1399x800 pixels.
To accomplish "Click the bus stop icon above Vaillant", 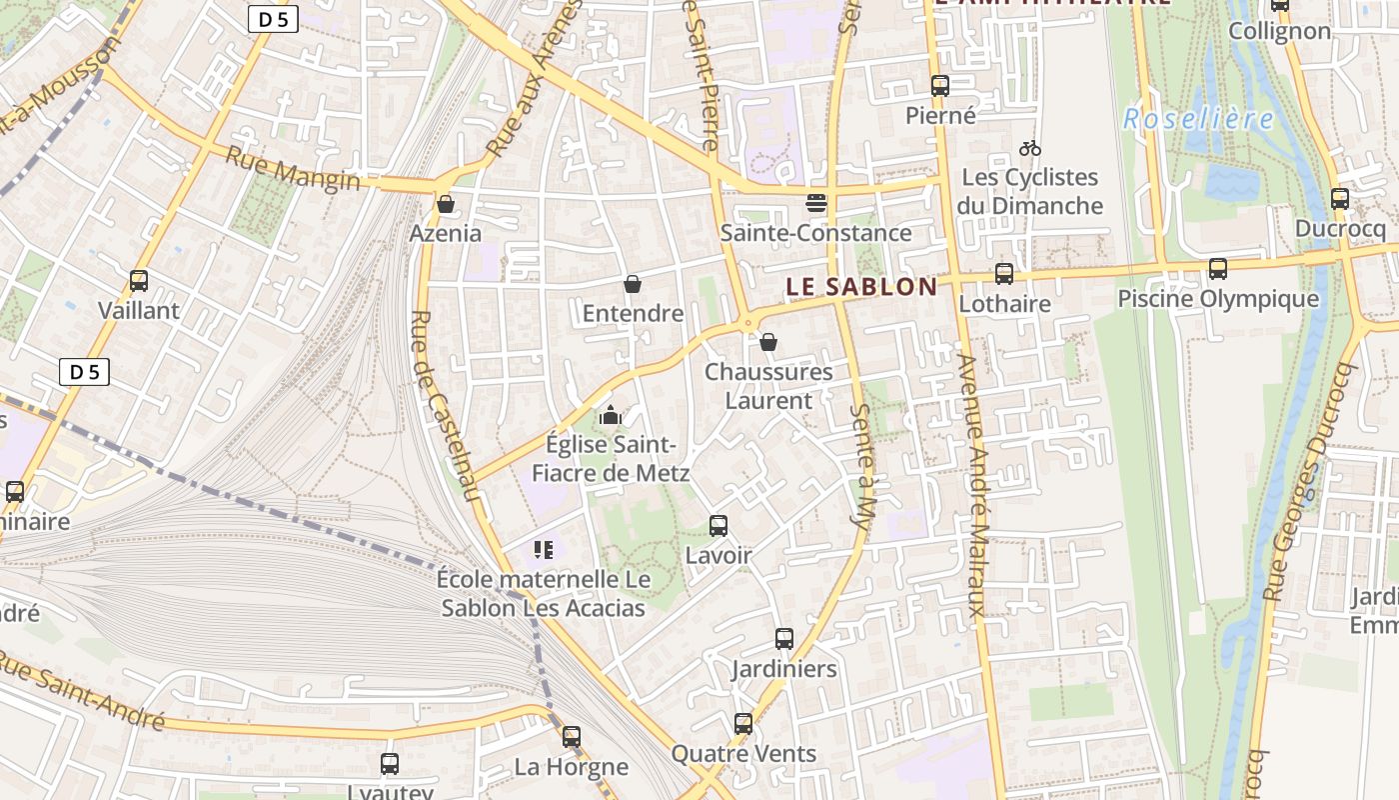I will pyautogui.click(x=139, y=281).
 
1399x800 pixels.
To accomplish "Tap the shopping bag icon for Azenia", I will pyautogui.click(x=446, y=204).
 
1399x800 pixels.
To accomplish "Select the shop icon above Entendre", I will pyautogui.click(x=633, y=285).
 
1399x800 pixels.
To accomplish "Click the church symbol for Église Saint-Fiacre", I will pyautogui.click(x=611, y=415).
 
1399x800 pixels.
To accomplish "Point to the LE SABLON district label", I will pyautogui.click(x=861, y=287).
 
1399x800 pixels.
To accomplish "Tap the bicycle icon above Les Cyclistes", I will pyautogui.click(x=1030, y=149).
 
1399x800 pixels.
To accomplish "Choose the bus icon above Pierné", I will pyautogui.click(x=940, y=86).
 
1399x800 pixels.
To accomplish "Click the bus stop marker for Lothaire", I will pyautogui.click(x=1004, y=274).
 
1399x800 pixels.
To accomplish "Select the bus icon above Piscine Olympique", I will pyautogui.click(x=1218, y=269).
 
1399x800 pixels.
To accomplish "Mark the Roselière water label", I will pyautogui.click(x=1198, y=120).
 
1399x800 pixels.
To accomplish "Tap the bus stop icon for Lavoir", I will pyautogui.click(x=718, y=526).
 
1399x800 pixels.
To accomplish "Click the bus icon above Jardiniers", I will pyautogui.click(x=784, y=639).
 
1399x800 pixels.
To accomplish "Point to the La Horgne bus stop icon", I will pyautogui.click(x=572, y=737).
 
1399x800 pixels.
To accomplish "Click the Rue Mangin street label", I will pyautogui.click(x=292, y=168).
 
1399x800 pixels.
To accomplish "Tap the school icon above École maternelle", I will pyautogui.click(x=544, y=549).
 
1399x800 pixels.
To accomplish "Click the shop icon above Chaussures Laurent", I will pyautogui.click(x=768, y=343).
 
